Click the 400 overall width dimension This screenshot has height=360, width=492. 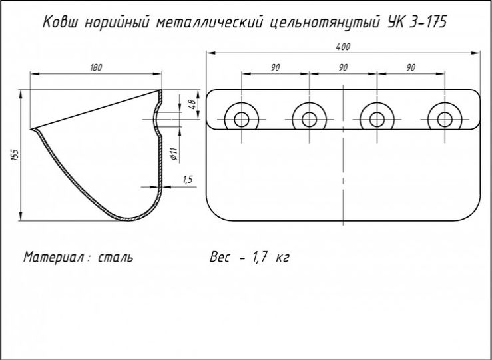pyautogui.click(x=343, y=47)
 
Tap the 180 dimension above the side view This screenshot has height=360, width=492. pyautogui.click(x=96, y=67)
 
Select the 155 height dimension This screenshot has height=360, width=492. pyautogui.click(x=16, y=155)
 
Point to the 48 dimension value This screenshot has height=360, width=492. pyautogui.click(x=193, y=104)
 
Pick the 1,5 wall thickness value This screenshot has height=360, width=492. pyautogui.click(x=188, y=180)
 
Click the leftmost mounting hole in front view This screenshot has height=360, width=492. pyautogui.click(x=241, y=120)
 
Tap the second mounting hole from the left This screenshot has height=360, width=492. pyautogui.click(x=309, y=120)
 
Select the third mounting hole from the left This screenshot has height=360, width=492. pyautogui.click(x=377, y=120)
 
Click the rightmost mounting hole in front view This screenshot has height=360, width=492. pyautogui.click(x=445, y=120)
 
